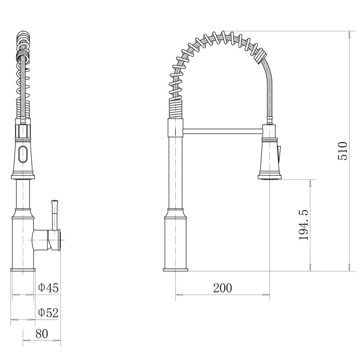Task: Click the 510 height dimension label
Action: click(x=343, y=151)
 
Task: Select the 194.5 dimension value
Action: click(x=304, y=225)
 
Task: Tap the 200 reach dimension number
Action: click(x=222, y=288)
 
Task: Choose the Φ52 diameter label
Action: click(x=48, y=312)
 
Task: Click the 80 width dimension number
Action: click(x=42, y=334)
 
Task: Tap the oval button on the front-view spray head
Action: click(x=23, y=154)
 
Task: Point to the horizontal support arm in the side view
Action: click(x=223, y=131)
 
